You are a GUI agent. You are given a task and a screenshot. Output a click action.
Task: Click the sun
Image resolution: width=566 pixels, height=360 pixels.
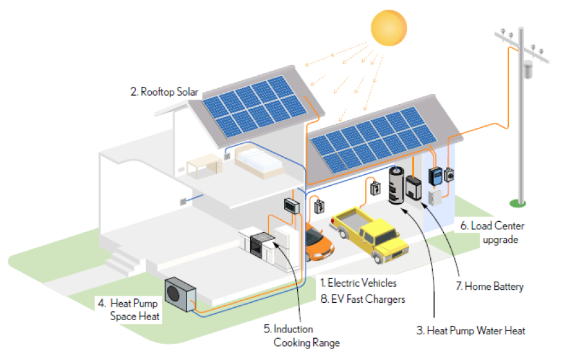[388, 28]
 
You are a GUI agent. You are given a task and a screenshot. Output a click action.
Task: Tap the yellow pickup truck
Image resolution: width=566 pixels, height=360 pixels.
[369, 233]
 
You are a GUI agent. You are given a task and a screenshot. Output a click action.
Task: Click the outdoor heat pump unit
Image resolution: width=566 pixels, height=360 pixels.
[180, 294]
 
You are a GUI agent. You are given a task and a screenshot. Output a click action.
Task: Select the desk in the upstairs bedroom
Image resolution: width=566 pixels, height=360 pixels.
[204, 165]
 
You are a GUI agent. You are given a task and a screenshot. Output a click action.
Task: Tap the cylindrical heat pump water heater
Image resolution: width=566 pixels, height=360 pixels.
[396, 185]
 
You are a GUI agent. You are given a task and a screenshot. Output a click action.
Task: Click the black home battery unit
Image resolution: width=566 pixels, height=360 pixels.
[414, 188]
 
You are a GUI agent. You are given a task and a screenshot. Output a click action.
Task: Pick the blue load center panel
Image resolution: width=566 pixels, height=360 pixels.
[435, 176]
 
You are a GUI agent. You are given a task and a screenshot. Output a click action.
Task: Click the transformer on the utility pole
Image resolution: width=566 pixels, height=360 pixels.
[528, 69]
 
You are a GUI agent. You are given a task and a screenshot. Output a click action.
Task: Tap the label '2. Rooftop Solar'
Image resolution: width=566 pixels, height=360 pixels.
[164, 92]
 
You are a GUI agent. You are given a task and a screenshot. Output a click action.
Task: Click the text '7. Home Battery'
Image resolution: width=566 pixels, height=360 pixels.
[490, 287]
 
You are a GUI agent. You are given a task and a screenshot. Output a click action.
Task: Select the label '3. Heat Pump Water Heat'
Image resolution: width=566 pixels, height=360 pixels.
[471, 331]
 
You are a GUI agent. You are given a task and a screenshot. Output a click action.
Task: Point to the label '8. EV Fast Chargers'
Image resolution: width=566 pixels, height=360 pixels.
[363, 299]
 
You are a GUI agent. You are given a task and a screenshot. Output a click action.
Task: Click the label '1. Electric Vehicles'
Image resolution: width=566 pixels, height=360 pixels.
[358, 283]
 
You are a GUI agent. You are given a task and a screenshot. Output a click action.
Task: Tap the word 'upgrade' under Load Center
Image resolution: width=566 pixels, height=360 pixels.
[500, 240]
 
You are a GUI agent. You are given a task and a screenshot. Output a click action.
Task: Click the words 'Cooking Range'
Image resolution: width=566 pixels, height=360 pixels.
[306, 343]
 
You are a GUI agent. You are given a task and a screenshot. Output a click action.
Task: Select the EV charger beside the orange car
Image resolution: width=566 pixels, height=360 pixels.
[319, 207]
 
